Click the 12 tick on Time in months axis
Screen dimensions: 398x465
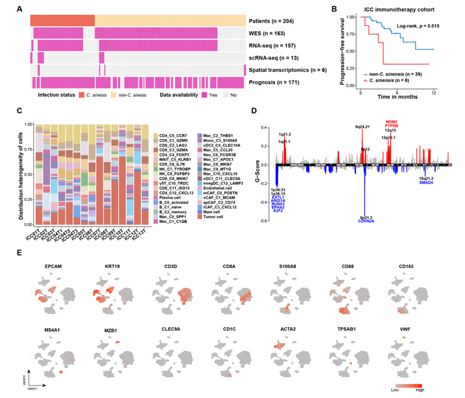click(x=433, y=93)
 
